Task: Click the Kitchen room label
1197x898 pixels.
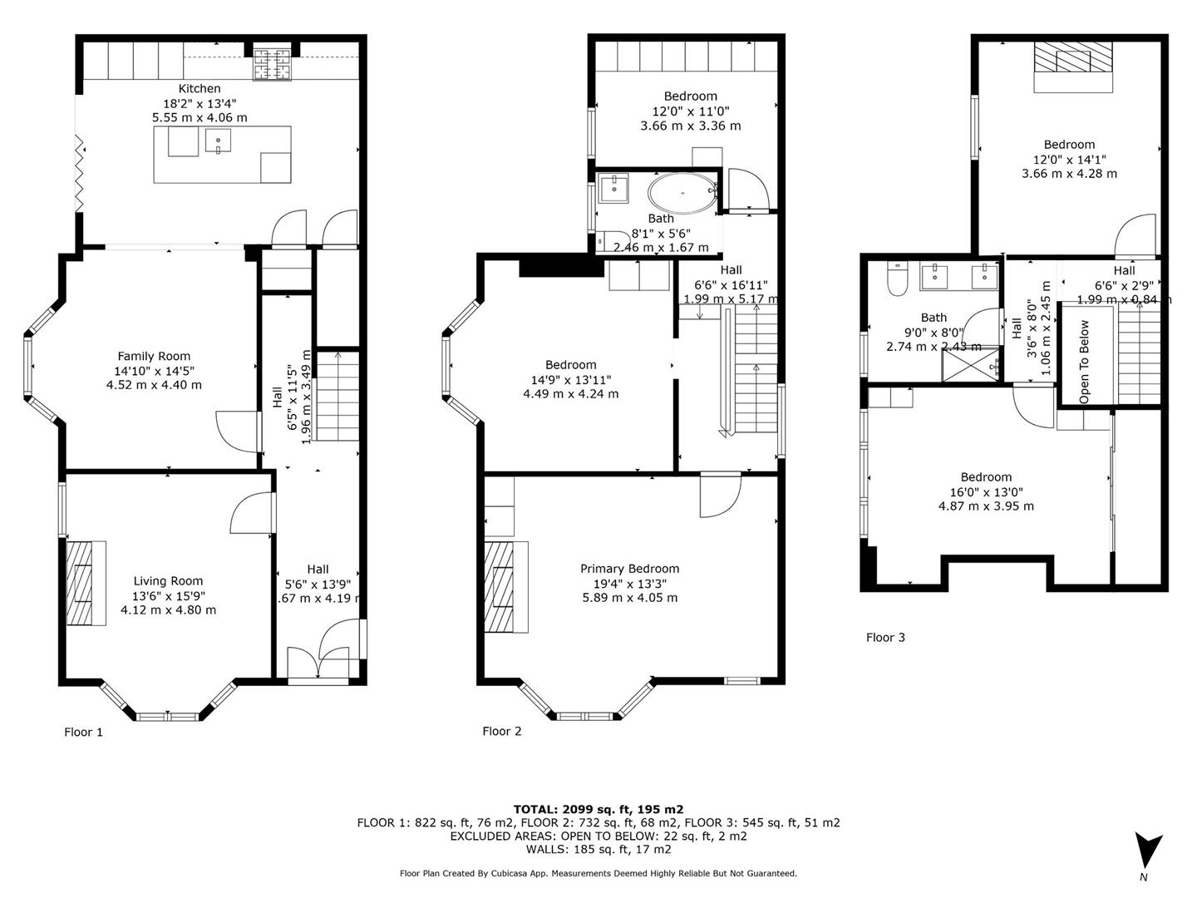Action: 199,88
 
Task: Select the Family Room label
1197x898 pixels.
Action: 154,356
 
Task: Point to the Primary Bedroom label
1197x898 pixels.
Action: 629,569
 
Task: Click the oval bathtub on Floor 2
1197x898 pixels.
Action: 681,193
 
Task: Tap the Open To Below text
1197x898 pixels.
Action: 1084,362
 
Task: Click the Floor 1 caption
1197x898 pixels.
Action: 84,732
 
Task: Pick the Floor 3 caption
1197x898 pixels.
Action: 885,637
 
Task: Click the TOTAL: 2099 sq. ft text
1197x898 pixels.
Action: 598,808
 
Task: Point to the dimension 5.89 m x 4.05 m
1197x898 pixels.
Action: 629,598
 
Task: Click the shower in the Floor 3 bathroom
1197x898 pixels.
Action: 970,364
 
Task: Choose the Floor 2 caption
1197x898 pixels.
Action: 502,731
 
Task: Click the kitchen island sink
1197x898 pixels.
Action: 218,141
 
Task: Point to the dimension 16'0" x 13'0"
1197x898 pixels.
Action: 986,491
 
